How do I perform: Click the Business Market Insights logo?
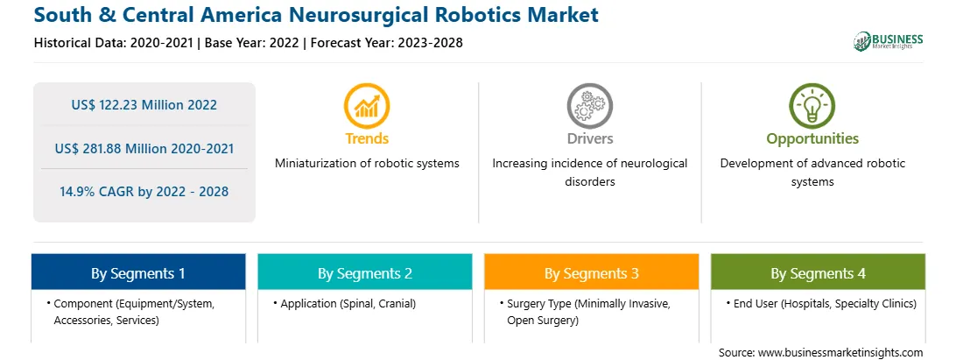tap(888, 41)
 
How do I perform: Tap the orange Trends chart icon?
tap(367, 106)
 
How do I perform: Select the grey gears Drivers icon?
tap(589, 106)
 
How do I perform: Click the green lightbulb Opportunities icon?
tap(812, 106)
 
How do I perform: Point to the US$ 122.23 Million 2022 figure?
tap(144, 105)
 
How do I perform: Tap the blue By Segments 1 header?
tap(138, 272)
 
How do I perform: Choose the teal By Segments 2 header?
tap(364, 272)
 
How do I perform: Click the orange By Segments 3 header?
tap(592, 272)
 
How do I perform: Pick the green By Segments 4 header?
tap(818, 272)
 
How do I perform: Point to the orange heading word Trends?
tap(367, 138)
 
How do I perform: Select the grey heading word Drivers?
tap(589, 138)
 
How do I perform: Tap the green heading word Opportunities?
tap(812, 138)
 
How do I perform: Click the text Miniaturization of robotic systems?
tap(367, 164)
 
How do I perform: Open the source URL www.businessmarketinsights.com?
tap(840, 352)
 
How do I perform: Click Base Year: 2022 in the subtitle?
tap(252, 43)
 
